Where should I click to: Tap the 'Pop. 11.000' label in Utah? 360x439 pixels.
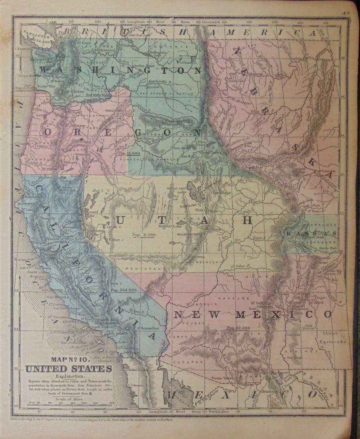click(x=144, y=235)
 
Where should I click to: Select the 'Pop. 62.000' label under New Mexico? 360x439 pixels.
click(x=238, y=328)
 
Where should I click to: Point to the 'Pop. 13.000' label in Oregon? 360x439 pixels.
click(x=129, y=153)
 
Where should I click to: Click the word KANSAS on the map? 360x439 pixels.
click(x=311, y=233)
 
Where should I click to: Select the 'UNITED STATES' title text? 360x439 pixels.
click(x=69, y=369)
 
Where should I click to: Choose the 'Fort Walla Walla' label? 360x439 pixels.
click(x=97, y=95)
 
